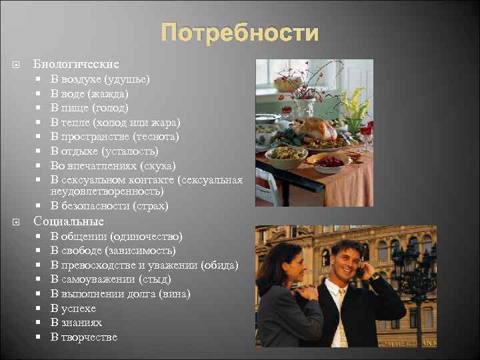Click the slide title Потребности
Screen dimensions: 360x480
239,33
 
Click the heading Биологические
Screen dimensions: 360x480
76,65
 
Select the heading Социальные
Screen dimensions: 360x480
69,221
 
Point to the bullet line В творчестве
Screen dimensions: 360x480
84,337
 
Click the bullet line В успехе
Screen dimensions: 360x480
73,309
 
